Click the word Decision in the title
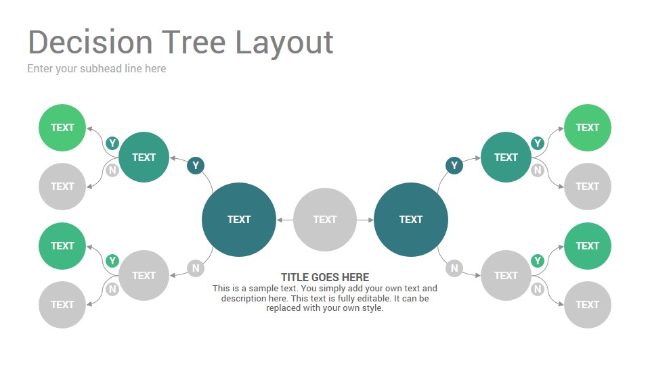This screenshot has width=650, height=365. coord(90,42)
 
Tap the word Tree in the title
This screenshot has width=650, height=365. coord(194,42)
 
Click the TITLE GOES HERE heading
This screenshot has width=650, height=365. coord(325,277)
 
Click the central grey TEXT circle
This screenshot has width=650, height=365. coord(325,219)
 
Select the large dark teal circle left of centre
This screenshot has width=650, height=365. coord(239,219)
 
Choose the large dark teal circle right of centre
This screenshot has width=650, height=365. coord(411,219)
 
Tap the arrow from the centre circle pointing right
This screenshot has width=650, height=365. coord(365,220)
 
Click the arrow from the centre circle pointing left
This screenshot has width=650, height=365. coord(285,220)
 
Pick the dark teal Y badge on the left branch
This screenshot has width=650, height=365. coord(196,166)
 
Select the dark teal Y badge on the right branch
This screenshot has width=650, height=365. coord(454,166)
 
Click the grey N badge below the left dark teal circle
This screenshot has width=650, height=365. coord(196,268)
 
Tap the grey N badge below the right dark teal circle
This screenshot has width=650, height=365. coord(454,268)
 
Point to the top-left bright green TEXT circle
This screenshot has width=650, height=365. coord(62,128)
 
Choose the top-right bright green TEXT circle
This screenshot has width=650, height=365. coord(588,128)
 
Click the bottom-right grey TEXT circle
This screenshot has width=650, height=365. coord(588,305)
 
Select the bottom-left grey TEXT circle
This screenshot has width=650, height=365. coord(62,305)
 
